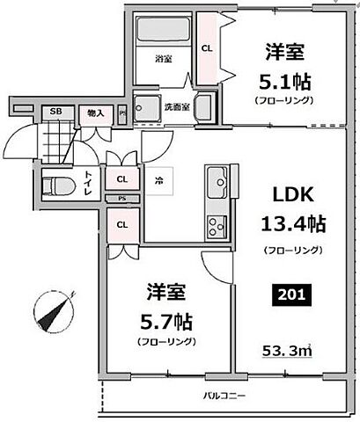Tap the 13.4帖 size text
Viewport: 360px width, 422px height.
(294, 223)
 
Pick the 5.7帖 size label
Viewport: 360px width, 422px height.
(165, 319)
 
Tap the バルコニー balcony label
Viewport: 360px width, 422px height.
(228, 395)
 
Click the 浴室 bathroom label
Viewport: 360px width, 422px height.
(164, 61)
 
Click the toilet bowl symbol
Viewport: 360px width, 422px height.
(58, 186)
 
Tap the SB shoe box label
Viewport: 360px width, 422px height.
(55, 112)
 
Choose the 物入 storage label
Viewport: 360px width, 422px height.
(94, 112)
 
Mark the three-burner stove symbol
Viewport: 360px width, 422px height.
(217, 228)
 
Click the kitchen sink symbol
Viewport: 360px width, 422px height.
(215, 185)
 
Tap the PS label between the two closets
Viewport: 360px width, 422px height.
(121, 200)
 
